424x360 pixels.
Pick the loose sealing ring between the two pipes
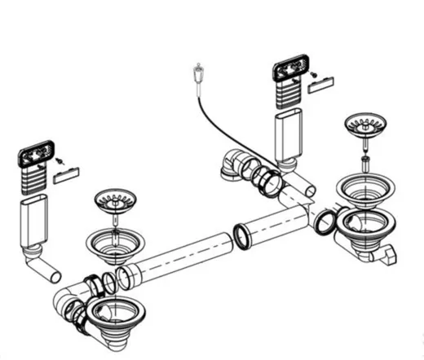(x=242, y=237)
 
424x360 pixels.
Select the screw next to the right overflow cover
(x=313, y=71)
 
